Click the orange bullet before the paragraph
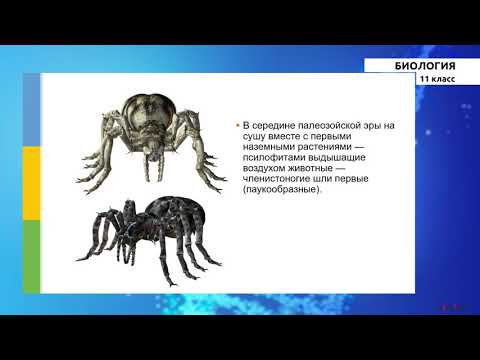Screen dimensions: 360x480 237,126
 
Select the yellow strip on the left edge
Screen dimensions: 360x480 30,185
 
